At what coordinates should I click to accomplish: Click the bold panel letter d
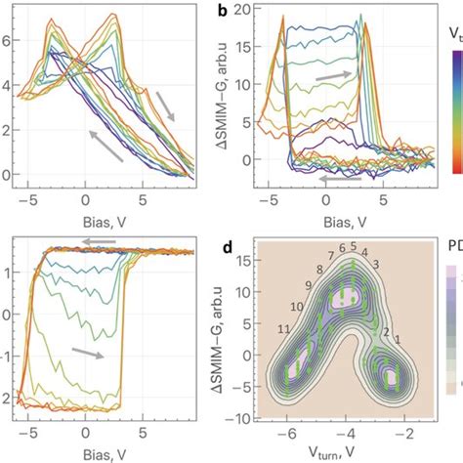coord(252,247)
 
